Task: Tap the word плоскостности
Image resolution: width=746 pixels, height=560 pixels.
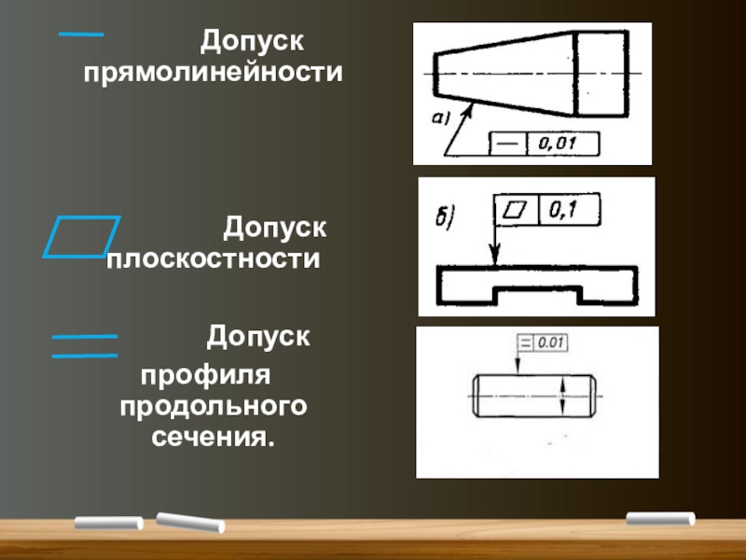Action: click(x=214, y=258)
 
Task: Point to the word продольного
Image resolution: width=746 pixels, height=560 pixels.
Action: click(x=214, y=407)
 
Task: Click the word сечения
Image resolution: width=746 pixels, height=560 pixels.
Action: click(x=214, y=436)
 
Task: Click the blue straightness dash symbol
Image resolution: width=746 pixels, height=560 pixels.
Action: click(x=80, y=35)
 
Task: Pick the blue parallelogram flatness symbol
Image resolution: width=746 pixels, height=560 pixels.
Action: click(x=82, y=235)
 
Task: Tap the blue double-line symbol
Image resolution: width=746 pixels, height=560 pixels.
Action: click(x=84, y=345)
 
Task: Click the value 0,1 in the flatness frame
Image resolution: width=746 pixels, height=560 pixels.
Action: click(x=567, y=210)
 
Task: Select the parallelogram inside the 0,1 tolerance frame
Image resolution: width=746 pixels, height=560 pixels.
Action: click(x=515, y=210)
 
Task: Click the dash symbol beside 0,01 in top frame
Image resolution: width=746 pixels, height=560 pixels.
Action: click(x=508, y=144)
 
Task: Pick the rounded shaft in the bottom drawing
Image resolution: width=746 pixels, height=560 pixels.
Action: click(x=535, y=396)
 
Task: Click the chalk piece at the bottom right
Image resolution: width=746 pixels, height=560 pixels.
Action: click(x=660, y=518)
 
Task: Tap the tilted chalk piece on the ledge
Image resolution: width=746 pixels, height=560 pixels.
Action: click(x=191, y=523)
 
